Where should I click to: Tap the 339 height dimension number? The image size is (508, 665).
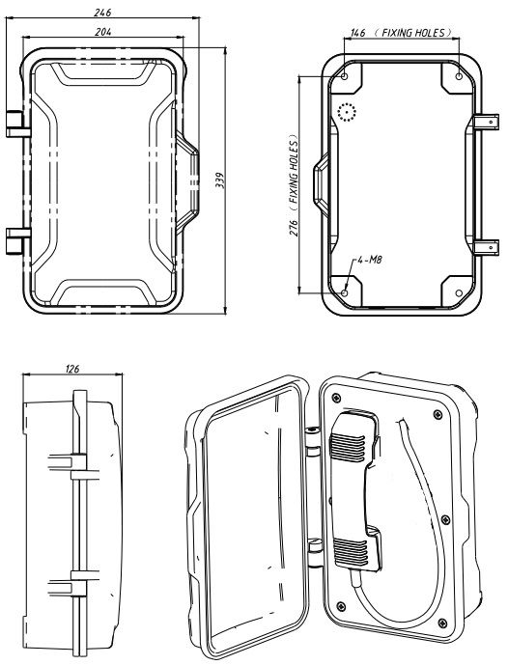220,180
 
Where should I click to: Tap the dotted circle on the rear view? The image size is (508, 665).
347,114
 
